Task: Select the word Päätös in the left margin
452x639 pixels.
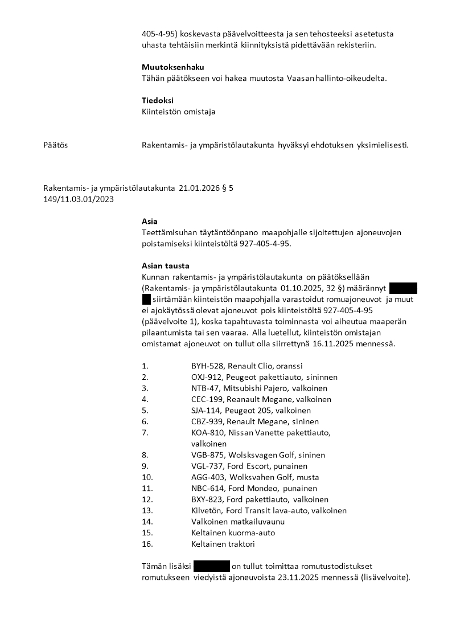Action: [x=55, y=145]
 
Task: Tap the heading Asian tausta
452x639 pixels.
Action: [x=166, y=266]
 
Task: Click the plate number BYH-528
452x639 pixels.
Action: [x=207, y=366]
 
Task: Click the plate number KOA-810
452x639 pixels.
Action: [x=207, y=433]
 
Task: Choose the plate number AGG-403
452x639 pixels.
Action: [x=208, y=477]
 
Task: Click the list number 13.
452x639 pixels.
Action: [x=147, y=511]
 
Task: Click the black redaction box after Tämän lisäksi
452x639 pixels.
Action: [x=212, y=567]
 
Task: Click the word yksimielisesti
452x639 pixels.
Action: [x=381, y=145]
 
